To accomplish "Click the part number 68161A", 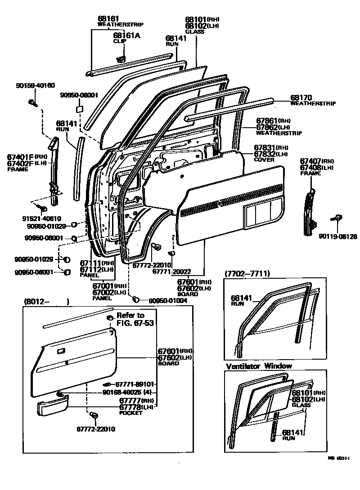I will pos(126,36).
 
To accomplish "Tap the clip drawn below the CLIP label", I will pos(121,58).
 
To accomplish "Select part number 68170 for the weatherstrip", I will pos(301,97).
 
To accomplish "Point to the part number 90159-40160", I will pos(36,85).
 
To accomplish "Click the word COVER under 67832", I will pos(264,160).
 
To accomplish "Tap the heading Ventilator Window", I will pos(259,366).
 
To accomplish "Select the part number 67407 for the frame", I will pos(310,161).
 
